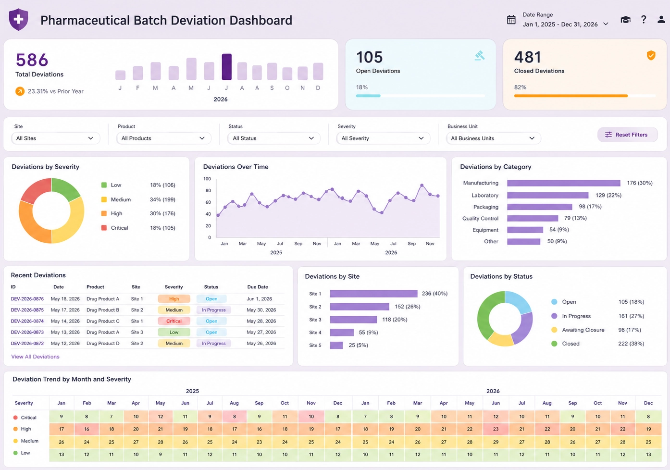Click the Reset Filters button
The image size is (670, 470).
[x=627, y=135]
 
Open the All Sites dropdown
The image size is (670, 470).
[x=56, y=138]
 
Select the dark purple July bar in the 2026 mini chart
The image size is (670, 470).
[x=226, y=67]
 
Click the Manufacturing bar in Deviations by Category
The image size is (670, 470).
[x=563, y=183]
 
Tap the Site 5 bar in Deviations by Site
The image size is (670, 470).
[x=336, y=346]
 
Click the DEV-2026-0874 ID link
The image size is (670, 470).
[x=27, y=321]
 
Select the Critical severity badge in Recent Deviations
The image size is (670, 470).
[x=174, y=321]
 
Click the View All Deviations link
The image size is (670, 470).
[x=35, y=357]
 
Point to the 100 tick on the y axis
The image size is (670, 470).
[x=207, y=179]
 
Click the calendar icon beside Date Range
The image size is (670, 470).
[x=511, y=20]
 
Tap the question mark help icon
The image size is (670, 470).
[x=644, y=20]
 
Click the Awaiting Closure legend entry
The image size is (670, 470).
[x=583, y=330]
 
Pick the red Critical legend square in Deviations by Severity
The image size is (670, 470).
[x=104, y=228]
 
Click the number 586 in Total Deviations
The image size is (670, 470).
[x=32, y=60]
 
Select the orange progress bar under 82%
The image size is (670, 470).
[x=571, y=96]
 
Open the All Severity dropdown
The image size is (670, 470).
[x=383, y=138]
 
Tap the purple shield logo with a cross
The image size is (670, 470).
[x=19, y=19]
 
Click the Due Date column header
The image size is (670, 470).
[x=258, y=287]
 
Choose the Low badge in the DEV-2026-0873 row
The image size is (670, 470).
[x=174, y=332]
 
